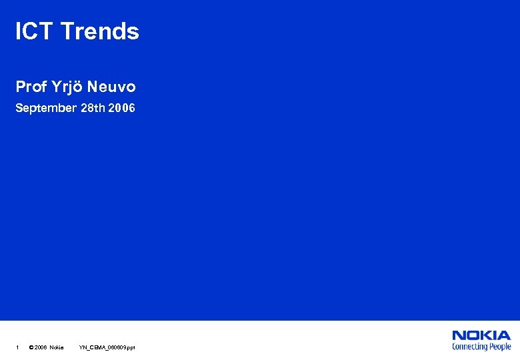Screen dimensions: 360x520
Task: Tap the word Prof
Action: (31, 87)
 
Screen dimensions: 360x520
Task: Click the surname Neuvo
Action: (111, 87)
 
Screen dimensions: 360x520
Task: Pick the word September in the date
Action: (46, 108)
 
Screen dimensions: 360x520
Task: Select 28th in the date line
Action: (92, 108)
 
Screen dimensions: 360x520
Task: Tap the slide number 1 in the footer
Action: (17, 347)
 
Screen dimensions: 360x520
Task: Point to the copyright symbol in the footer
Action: (31, 347)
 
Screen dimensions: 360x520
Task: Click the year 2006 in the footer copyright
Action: (41, 347)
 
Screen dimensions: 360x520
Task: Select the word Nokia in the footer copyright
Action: (57, 347)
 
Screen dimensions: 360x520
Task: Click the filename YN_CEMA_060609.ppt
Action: (107, 347)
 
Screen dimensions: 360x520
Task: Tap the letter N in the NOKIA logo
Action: (459, 335)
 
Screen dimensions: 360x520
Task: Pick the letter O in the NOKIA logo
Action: (474, 335)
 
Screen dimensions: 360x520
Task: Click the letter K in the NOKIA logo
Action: (488, 335)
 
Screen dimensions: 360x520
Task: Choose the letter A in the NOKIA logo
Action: (505, 335)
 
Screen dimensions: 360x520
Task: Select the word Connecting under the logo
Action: (470, 346)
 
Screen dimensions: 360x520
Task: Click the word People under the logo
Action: (499, 346)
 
